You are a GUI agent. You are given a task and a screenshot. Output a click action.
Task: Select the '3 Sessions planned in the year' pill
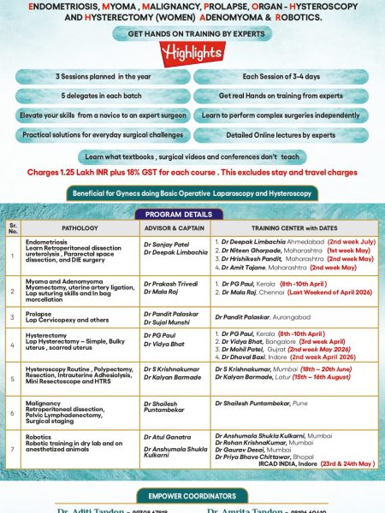click(102, 76)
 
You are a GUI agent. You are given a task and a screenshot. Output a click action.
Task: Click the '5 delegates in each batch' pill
click(102, 95)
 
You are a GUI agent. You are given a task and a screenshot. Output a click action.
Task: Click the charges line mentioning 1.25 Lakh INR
click(192, 171)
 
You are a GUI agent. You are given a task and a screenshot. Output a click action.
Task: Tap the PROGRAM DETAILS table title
click(192, 214)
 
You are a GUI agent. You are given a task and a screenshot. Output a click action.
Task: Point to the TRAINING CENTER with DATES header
click(293, 228)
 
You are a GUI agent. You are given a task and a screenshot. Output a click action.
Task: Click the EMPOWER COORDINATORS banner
click(192, 496)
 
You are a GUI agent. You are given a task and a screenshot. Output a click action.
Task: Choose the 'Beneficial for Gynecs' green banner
click(192, 195)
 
